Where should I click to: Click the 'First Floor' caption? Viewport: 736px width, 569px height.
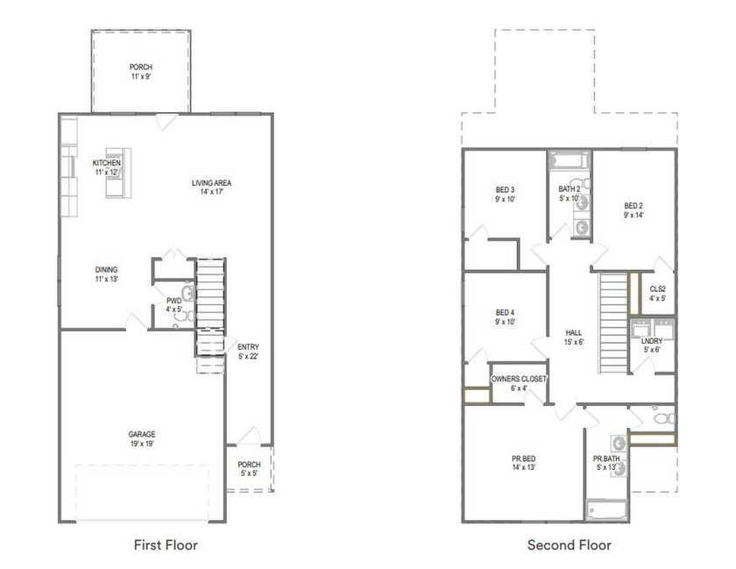[x=166, y=545]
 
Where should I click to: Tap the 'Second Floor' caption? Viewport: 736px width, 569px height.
[x=570, y=545]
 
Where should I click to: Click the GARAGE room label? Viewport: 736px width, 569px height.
[x=142, y=434]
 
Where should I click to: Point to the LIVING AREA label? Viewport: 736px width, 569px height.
[x=212, y=182]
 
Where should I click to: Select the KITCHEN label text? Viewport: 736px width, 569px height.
[x=107, y=162]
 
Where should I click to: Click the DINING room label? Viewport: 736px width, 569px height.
[x=107, y=269]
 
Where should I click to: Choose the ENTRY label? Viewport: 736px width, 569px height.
[x=248, y=347]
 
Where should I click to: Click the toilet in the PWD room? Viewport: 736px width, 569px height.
[x=184, y=316]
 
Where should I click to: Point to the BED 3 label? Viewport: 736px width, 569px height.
[x=505, y=190]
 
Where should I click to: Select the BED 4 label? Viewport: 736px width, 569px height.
[x=505, y=312]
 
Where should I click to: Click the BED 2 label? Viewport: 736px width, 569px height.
[x=633, y=206]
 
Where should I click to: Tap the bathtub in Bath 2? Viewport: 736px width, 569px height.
[x=570, y=160]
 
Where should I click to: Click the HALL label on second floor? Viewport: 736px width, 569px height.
[x=574, y=332]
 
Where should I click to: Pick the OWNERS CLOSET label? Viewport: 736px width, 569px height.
[x=519, y=379]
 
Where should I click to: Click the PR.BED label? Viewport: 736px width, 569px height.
[x=524, y=459]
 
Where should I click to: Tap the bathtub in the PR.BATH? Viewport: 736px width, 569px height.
[x=607, y=510]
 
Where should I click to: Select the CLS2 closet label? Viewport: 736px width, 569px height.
[x=658, y=289]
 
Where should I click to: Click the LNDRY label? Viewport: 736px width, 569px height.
[x=652, y=341]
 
